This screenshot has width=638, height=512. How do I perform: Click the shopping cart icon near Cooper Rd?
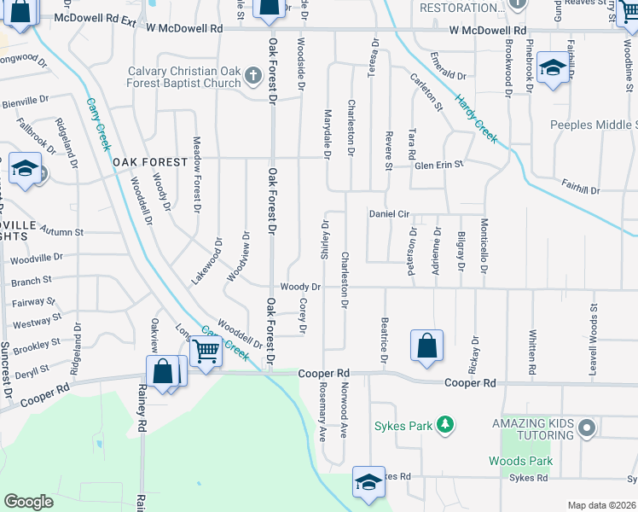click(x=206, y=350)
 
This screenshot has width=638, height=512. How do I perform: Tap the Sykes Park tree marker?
click(x=443, y=424)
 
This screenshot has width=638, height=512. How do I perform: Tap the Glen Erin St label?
click(x=438, y=165)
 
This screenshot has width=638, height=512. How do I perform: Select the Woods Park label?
click(x=520, y=461)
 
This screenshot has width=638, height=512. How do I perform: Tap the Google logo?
click(x=28, y=501)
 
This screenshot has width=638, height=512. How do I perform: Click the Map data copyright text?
click(x=602, y=505)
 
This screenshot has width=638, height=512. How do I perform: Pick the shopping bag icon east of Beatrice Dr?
click(x=426, y=346)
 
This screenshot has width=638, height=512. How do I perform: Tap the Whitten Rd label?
click(x=532, y=352)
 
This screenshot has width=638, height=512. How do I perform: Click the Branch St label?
click(x=32, y=280)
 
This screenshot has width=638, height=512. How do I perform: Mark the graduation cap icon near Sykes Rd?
click(x=368, y=483)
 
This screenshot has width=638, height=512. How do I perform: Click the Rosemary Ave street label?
click(x=322, y=410)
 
